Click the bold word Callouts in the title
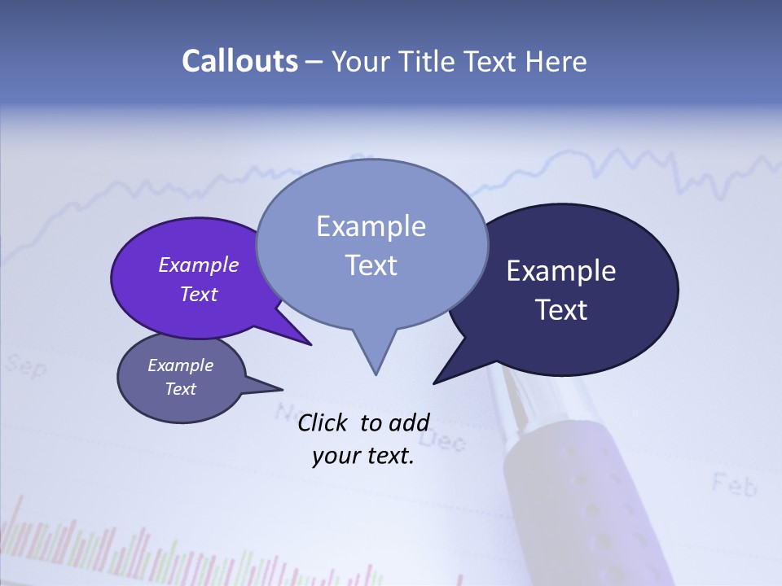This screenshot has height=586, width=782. coord(239,61)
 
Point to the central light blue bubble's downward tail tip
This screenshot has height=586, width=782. coord(376,374)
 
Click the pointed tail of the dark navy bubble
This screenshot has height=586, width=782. coord(434,383)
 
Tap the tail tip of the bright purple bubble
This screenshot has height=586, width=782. coord(311,345)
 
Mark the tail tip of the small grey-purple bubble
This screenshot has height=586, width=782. coord(282,388)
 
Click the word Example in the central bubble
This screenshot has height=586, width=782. coord(371,226)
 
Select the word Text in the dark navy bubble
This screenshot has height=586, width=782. coord(561,310)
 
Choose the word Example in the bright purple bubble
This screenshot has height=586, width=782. coord(199,265)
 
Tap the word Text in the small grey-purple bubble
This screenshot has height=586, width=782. coord(181,389)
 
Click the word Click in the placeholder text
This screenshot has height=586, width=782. coord(323,422)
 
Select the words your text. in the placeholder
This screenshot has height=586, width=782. coord(363,456)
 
